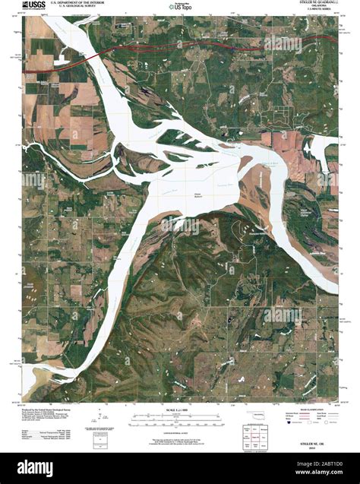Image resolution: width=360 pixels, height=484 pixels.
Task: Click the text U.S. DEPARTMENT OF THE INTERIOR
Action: point(76,4)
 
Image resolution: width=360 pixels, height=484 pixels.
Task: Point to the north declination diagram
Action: point(103,417)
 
